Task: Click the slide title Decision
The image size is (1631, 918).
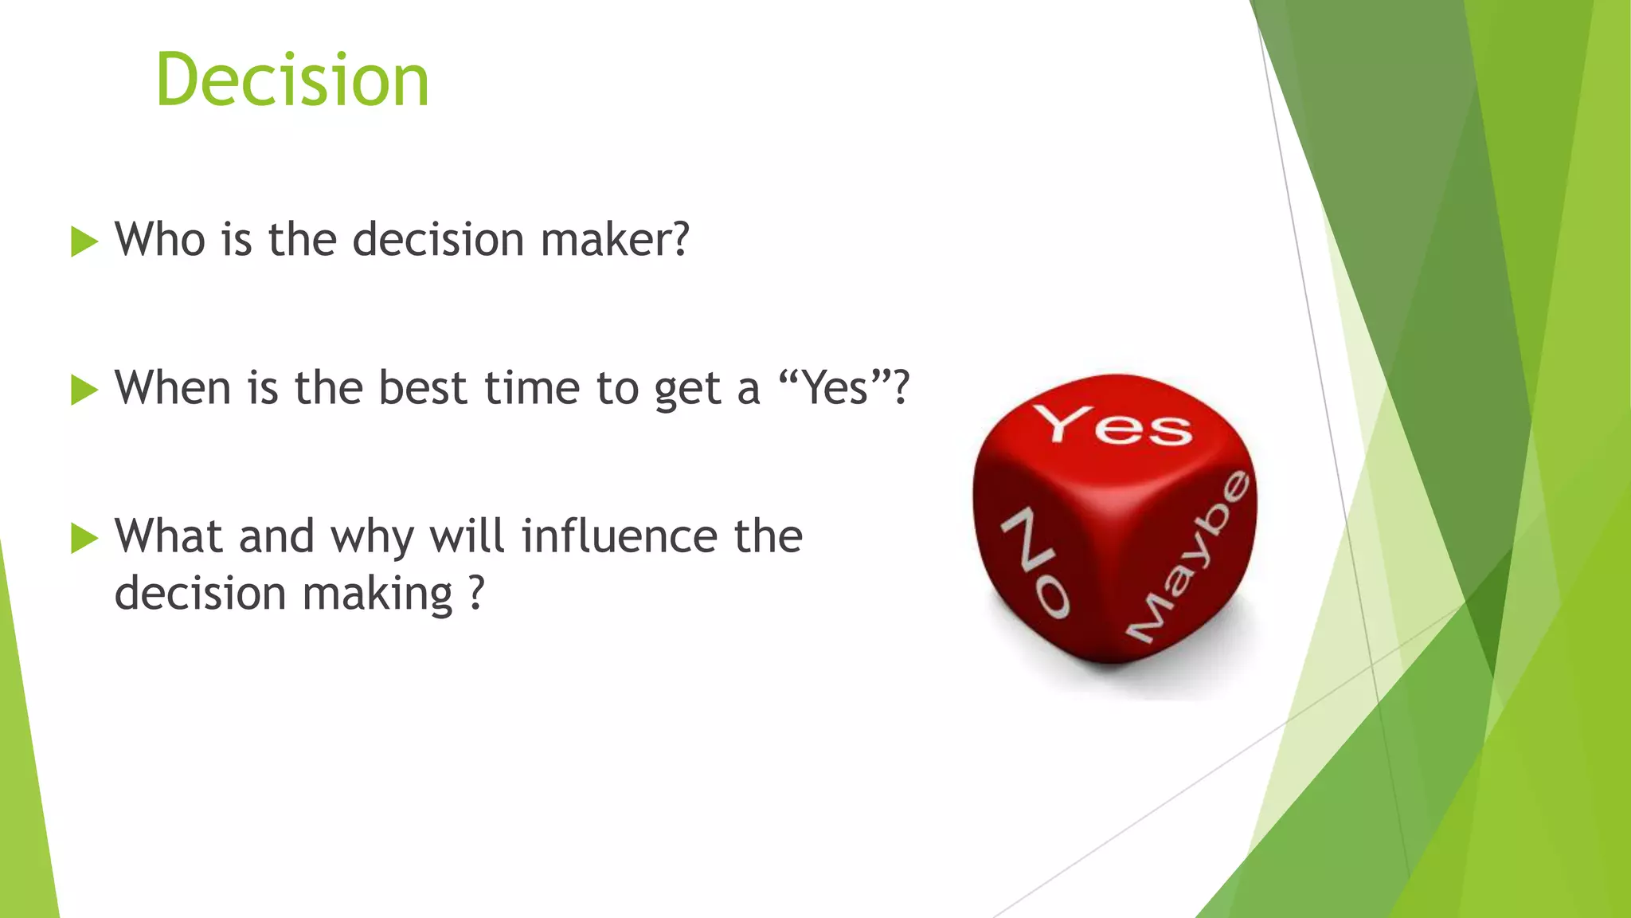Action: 292,80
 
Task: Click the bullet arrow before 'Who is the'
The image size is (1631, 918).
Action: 84,241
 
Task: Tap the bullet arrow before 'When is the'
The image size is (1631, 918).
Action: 84,390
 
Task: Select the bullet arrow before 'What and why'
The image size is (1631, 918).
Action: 84,538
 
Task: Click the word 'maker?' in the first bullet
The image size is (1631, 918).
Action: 615,239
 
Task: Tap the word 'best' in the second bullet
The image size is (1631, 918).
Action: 422,388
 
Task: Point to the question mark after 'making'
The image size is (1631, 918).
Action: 475,594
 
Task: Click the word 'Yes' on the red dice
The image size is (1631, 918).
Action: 1113,426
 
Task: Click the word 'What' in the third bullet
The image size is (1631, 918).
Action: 168,535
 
